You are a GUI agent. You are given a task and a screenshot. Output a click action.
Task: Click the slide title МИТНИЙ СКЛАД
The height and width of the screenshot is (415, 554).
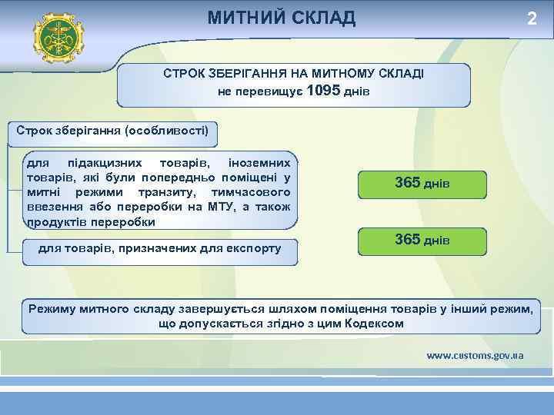(281, 17)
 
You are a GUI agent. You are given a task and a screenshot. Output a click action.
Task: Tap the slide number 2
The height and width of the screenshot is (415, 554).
(531, 18)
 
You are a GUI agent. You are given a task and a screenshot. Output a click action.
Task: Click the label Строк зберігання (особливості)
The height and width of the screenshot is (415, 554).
(112, 130)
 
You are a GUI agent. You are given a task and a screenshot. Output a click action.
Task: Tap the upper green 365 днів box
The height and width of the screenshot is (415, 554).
(422, 185)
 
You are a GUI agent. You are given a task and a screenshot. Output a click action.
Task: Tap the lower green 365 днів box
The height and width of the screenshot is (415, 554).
(422, 241)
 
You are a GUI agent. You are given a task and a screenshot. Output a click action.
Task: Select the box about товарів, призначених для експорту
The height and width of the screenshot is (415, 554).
(159, 248)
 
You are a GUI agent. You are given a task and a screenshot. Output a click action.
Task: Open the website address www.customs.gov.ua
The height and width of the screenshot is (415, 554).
(475, 355)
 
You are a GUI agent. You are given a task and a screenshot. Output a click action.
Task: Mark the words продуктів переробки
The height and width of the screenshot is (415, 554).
(91, 221)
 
